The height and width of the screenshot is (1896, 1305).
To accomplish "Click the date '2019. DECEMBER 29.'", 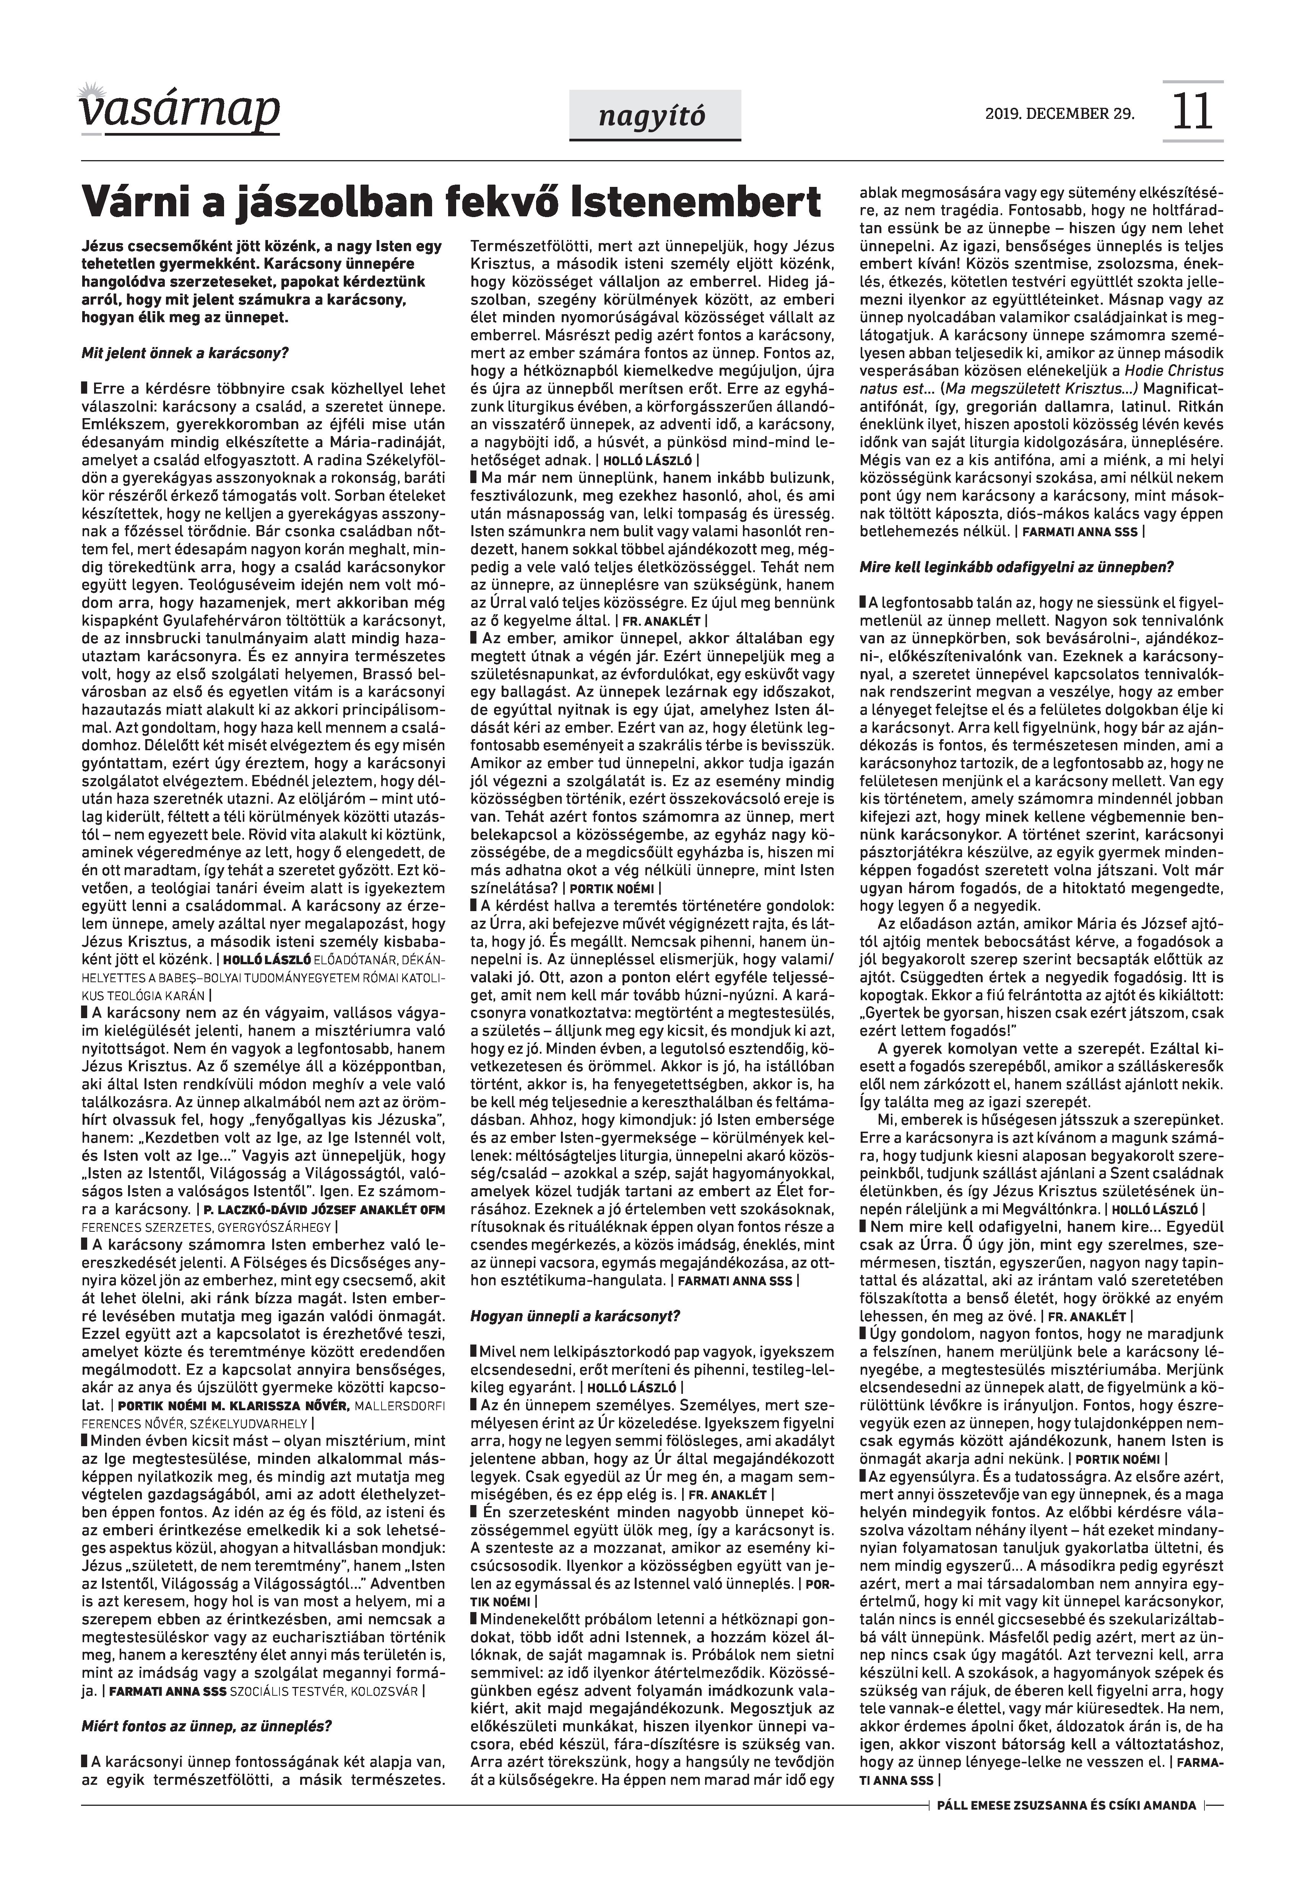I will (1060, 113).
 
